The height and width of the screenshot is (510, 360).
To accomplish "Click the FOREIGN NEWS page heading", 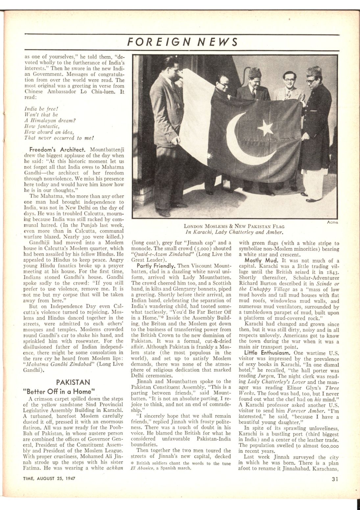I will click(x=182, y=42).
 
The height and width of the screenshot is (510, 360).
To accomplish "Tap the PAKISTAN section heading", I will click(x=68, y=382).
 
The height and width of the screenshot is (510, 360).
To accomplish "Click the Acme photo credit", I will click(x=332, y=223).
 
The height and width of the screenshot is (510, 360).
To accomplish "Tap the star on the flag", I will click(x=265, y=127).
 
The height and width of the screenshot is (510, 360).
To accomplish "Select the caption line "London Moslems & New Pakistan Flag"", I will click(x=234, y=226).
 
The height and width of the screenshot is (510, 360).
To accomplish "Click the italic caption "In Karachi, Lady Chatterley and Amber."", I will click(x=234, y=232).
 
